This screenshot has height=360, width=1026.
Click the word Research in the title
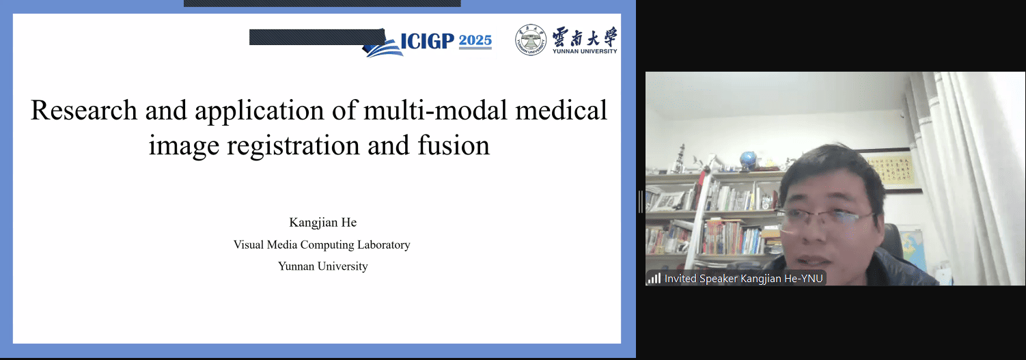click(84, 111)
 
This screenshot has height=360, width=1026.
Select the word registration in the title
click(293, 146)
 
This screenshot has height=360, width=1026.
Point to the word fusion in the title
click(454, 146)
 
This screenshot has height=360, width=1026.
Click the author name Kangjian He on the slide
click(323, 223)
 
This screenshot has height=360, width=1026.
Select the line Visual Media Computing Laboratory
click(322, 245)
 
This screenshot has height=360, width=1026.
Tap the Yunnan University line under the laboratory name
click(323, 266)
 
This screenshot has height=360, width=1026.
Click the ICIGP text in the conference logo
click(428, 41)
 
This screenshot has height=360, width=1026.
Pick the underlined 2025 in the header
click(475, 41)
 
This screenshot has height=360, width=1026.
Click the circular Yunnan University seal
click(530, 40)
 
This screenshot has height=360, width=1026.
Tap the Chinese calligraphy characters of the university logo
click(585, 37)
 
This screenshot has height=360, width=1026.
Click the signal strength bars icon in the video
click(654, 278)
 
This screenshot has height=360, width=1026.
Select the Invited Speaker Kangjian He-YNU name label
click(743, 279)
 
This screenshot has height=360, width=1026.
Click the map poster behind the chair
click(913, 250)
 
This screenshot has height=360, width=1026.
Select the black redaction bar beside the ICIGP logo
click(317, 37)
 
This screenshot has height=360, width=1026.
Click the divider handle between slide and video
click(640, 202)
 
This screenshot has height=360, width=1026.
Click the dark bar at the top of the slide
click(322, 3)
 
